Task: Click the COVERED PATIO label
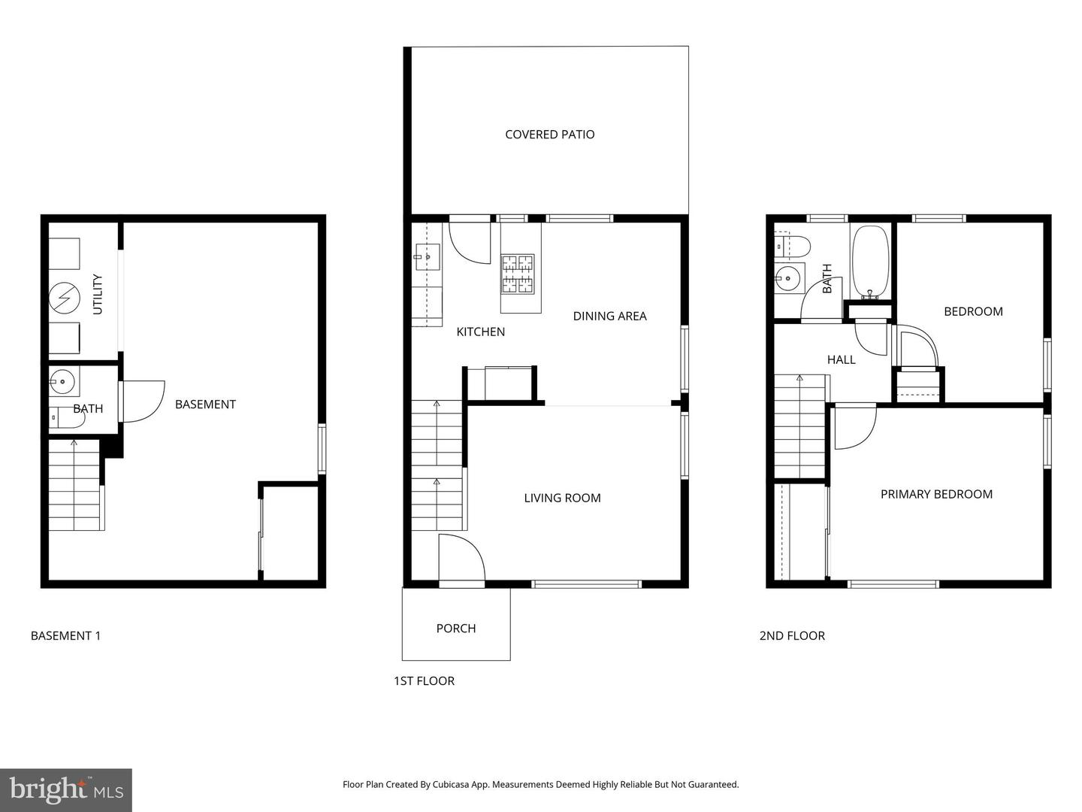(549, 135)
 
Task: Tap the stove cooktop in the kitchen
(518, 274)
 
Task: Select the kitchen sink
(426, 257)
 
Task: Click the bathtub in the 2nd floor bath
(870, 262)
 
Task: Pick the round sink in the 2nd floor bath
(788, 278)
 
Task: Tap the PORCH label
(455, 629)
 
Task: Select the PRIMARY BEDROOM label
(936, 494)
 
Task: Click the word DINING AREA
(609, 316)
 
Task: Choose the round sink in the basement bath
(63, 382)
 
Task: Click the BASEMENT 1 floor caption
(65, 635)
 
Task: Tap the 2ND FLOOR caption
(791, 635)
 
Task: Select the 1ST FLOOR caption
(424, 680)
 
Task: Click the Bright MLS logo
(66, 789)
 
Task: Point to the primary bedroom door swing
(854, 426)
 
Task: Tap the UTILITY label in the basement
(97, 294)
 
